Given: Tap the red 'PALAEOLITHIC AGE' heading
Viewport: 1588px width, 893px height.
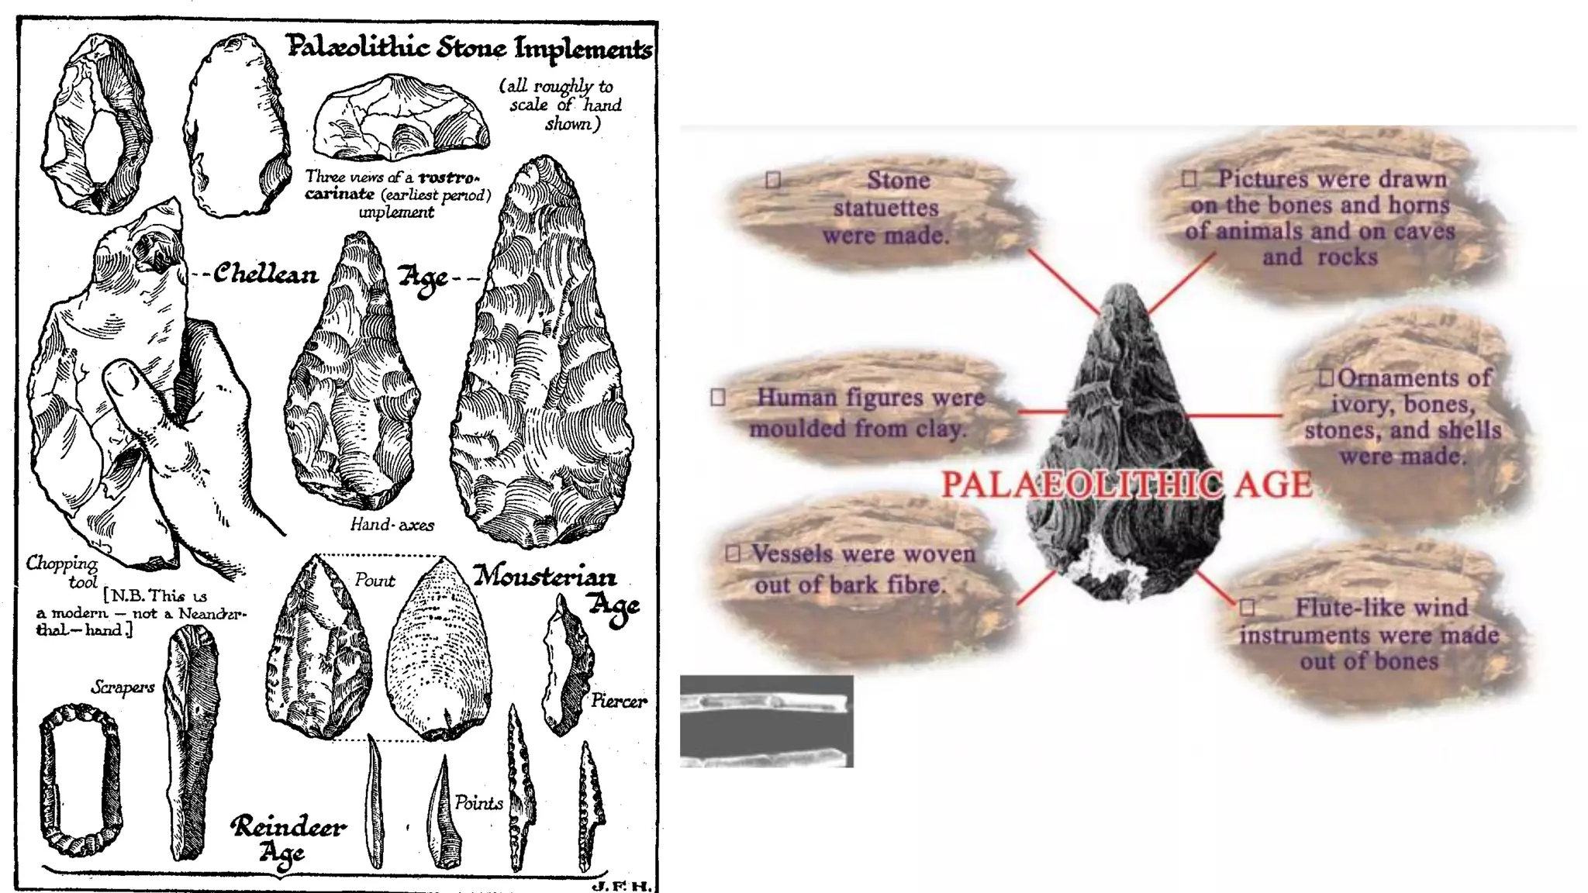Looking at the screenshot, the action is coord(1127,484).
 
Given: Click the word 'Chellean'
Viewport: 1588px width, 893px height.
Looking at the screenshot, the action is coord(266,274).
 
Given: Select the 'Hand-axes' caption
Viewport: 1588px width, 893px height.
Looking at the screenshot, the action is coord(392,525).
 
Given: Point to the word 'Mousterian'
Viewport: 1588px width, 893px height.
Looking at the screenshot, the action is coord(545,577).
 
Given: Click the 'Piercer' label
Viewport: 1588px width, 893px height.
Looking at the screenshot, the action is coord(618,702).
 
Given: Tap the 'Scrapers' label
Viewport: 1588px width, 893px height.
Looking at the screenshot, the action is coord(123,687).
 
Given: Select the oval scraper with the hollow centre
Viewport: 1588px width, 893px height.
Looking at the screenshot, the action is coord(80,779).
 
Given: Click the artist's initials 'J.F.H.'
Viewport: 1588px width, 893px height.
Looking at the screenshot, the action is coord(621,885).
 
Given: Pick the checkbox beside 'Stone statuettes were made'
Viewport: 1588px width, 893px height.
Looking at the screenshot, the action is coord(772,180).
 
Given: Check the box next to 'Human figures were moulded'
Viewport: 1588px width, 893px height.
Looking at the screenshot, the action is coord(718,397).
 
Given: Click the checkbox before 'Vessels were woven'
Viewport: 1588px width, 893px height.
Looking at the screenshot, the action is coord(733,553).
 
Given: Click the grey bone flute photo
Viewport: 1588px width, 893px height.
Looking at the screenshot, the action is coord(766,721).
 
